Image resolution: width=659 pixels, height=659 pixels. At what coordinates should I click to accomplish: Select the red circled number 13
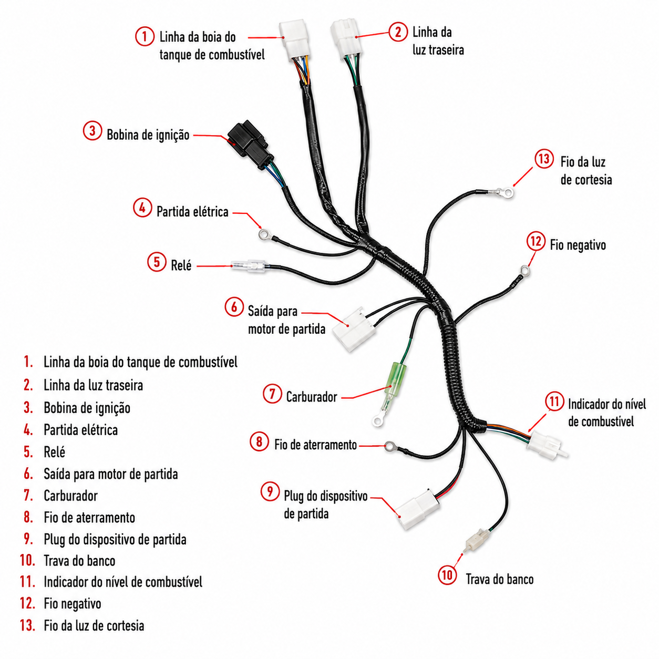pyautogui.click(x=544, y=159)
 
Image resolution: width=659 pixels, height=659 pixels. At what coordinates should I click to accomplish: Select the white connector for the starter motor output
pyautogui.click(x=354, y=329)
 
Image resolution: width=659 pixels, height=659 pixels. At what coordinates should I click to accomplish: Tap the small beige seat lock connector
pyautogui.click(x=476, y=542)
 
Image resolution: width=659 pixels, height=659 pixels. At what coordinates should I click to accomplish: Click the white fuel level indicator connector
pyautogui.click(x=546, y=445)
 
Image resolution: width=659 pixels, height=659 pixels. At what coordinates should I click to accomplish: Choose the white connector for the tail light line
pyautogui.click(x=346, y=39)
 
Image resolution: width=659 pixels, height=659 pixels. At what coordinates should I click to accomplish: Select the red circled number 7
pyautogui.click(x=272, y=394)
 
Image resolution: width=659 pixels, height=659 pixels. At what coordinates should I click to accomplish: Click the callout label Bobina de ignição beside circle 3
pyautogui.click(x=148, y=135)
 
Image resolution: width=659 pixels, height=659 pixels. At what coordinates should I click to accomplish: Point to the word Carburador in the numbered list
pyautogui.click(x=71, y=496)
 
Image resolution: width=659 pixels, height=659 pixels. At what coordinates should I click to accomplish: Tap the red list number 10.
pyautogui.click(x=27, y=561)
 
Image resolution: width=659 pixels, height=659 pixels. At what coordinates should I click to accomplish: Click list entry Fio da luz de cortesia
pyautogui.click(x=94, y=625)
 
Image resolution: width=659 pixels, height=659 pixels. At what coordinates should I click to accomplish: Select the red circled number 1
pyautogui.click(x=145, y=37)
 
